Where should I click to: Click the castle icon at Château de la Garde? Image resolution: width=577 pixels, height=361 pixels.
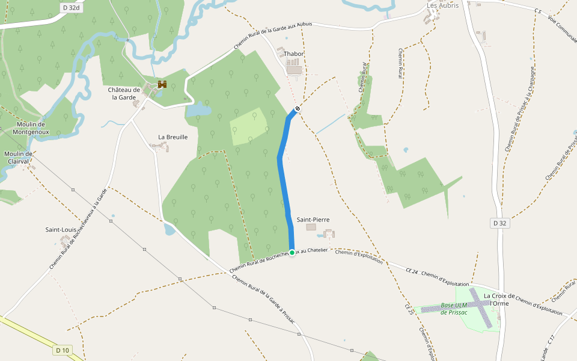click(x=162, y=84)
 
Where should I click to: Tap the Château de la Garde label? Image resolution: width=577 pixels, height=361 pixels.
click(x=124, y=93)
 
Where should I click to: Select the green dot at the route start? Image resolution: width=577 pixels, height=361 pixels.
click(x=292, y=253)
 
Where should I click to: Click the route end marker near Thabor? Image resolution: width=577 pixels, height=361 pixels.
click(x=296, y=108)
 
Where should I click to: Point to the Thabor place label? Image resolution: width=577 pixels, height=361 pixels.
click(x=294, y=54)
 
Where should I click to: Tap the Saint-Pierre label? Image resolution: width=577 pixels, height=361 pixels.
click(x=313, y=220)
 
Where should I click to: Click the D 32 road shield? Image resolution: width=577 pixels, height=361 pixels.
click(x=499, y=223)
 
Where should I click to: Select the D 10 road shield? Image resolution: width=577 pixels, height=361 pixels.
click(x=62, y=350)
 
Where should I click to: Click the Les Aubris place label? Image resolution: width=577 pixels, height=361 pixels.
click(x=442, y=5)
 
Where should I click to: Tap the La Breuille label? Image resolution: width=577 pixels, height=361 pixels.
click(x=173, y=137)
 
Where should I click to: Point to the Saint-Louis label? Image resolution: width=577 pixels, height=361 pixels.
click(x=61, y=229)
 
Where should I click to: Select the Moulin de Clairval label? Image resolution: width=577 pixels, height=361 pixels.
click(x=18, y=157)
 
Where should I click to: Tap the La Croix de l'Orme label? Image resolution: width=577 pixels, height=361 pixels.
click(x=499, y=299)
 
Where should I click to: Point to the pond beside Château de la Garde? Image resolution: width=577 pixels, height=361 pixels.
click(x=199, y=109)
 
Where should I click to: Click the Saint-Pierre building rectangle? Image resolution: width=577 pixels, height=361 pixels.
click(x=311, y=227)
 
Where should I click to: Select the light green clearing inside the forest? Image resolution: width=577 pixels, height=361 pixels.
click(x=249, y=127)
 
